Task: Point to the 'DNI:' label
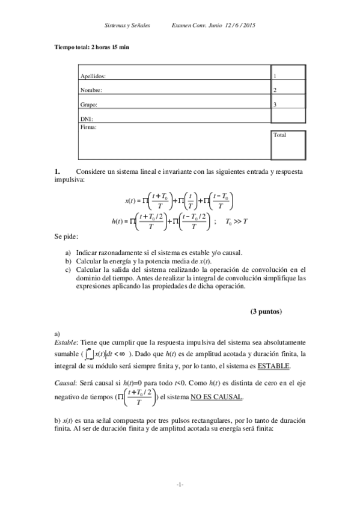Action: tap(87, 119)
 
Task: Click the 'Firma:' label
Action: tap(88, 127)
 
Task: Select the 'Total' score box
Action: tap(288, 145)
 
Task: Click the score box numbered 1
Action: tap(288, 77)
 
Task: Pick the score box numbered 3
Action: tap(288, 104)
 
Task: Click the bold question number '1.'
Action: tap(58, 172)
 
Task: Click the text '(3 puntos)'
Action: tap(266, 312)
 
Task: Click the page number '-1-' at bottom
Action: tap(180, 485)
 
